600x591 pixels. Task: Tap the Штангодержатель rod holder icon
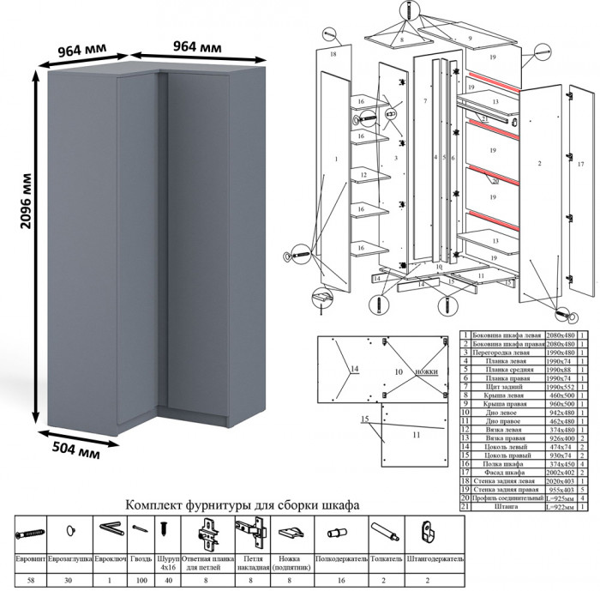[x=433, y=530]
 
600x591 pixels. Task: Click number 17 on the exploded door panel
[x=580, y=162]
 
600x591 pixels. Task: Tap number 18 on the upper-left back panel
[x=333, y=54]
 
